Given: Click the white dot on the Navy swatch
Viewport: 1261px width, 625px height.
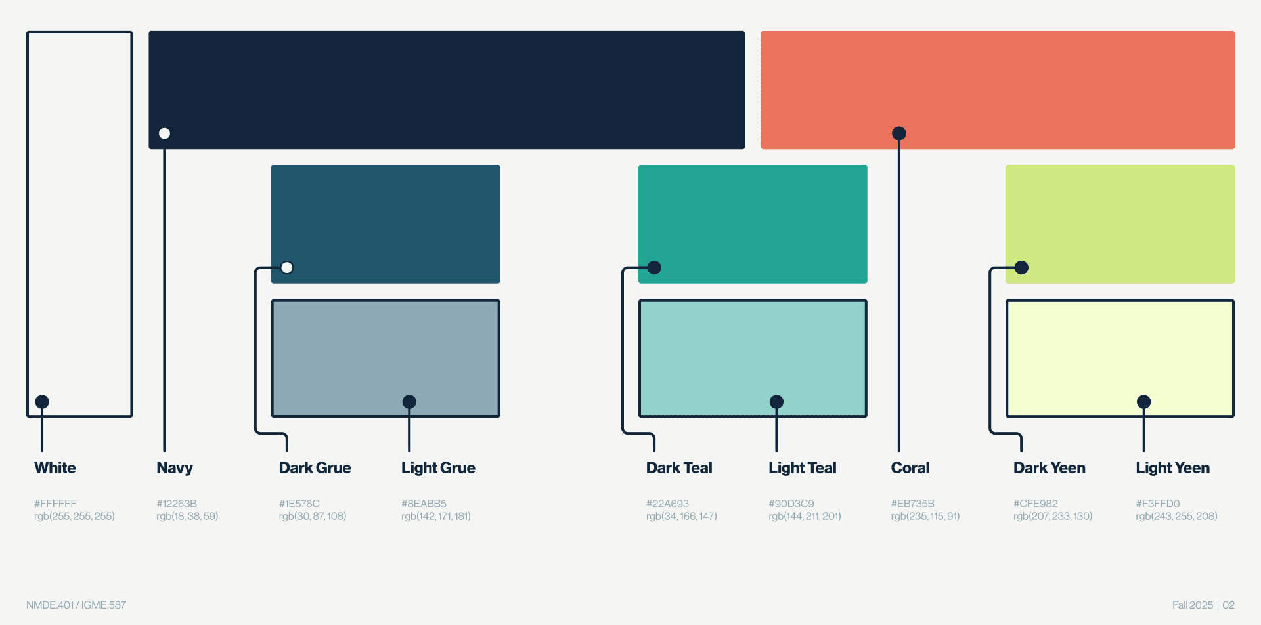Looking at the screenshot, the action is (164, 134).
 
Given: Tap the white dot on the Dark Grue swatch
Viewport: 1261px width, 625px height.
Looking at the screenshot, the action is (287, 268).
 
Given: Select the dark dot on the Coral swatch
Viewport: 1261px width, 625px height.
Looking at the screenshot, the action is (899, 134).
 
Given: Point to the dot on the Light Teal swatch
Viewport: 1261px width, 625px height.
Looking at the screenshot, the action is (776, 402).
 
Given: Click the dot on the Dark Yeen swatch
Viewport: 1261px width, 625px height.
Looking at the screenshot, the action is (1021, 268).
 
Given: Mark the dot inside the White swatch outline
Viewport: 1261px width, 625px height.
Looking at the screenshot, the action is (42, 402).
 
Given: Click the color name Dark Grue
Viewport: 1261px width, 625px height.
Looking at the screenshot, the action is (315, 468).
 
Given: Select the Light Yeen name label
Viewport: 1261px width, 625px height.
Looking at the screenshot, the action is (1172, 468).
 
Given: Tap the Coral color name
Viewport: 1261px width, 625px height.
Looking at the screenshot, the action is (910, 468).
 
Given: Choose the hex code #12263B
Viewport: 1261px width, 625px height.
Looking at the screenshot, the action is (177, 504).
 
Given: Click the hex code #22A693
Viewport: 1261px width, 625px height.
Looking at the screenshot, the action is (667, 504).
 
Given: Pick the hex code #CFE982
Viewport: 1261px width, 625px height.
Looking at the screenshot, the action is (1035, 504).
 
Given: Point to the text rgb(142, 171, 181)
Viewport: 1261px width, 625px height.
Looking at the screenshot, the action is (436, 516).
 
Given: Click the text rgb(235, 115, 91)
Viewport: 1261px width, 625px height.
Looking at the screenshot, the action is (925, 516).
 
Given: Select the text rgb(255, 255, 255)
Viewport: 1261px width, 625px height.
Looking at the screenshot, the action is (74, 516).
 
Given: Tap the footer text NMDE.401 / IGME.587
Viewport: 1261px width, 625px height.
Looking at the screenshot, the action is (76, 605).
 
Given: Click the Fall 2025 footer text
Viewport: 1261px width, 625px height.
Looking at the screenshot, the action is (1193, 605).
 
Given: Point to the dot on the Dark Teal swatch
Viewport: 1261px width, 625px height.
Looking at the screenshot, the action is (654, 268).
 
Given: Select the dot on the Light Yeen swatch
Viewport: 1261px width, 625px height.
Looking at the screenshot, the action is (1143, 402).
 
